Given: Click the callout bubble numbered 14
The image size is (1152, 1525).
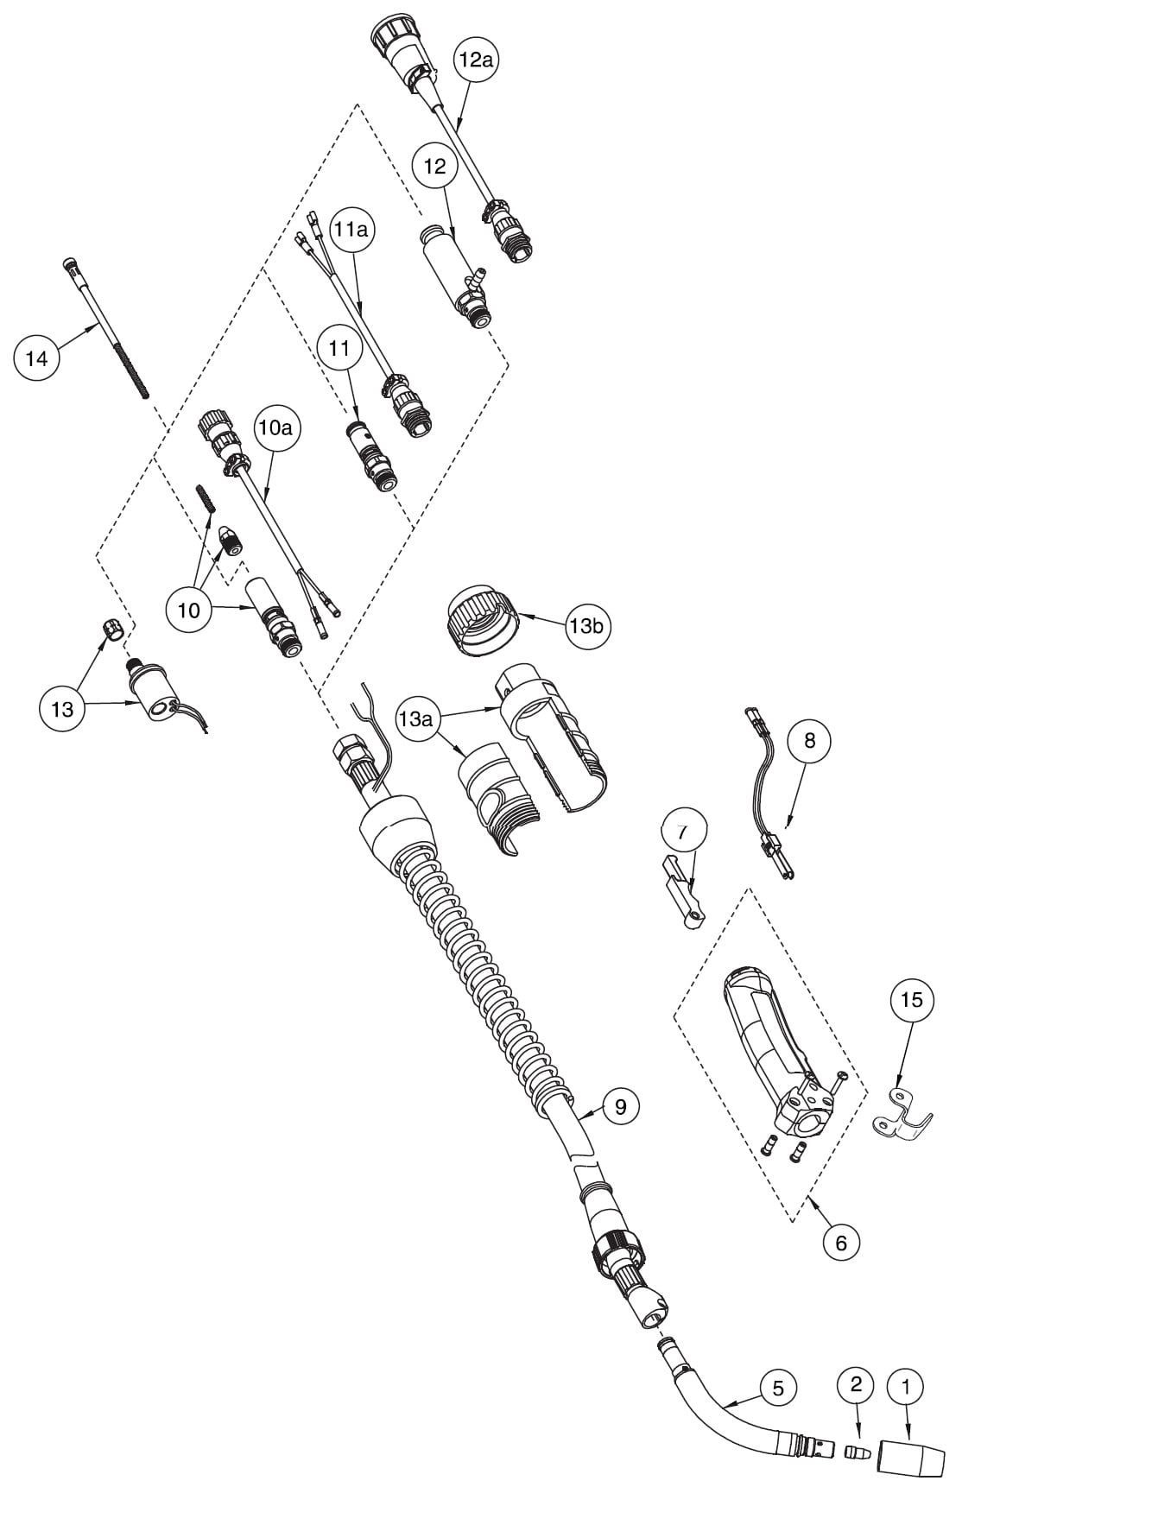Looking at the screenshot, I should pos(37,357).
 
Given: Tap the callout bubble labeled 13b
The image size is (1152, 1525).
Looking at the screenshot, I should pos(586,626).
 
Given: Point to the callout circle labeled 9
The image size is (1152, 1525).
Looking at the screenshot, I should pos(621,1105).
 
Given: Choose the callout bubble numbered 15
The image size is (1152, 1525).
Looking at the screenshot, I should pos(912,1000).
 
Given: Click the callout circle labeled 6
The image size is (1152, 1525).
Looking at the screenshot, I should pos(841,1243).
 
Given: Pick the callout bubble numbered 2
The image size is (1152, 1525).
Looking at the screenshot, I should pos(856,1385).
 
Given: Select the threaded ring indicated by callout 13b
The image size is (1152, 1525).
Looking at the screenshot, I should pos(481,620).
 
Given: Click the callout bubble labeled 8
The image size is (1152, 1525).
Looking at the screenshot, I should pos(809,741).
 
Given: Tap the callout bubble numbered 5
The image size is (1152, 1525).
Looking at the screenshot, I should pos(778,1389).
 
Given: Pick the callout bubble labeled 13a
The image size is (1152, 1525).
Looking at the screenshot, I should pos(415,718).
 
